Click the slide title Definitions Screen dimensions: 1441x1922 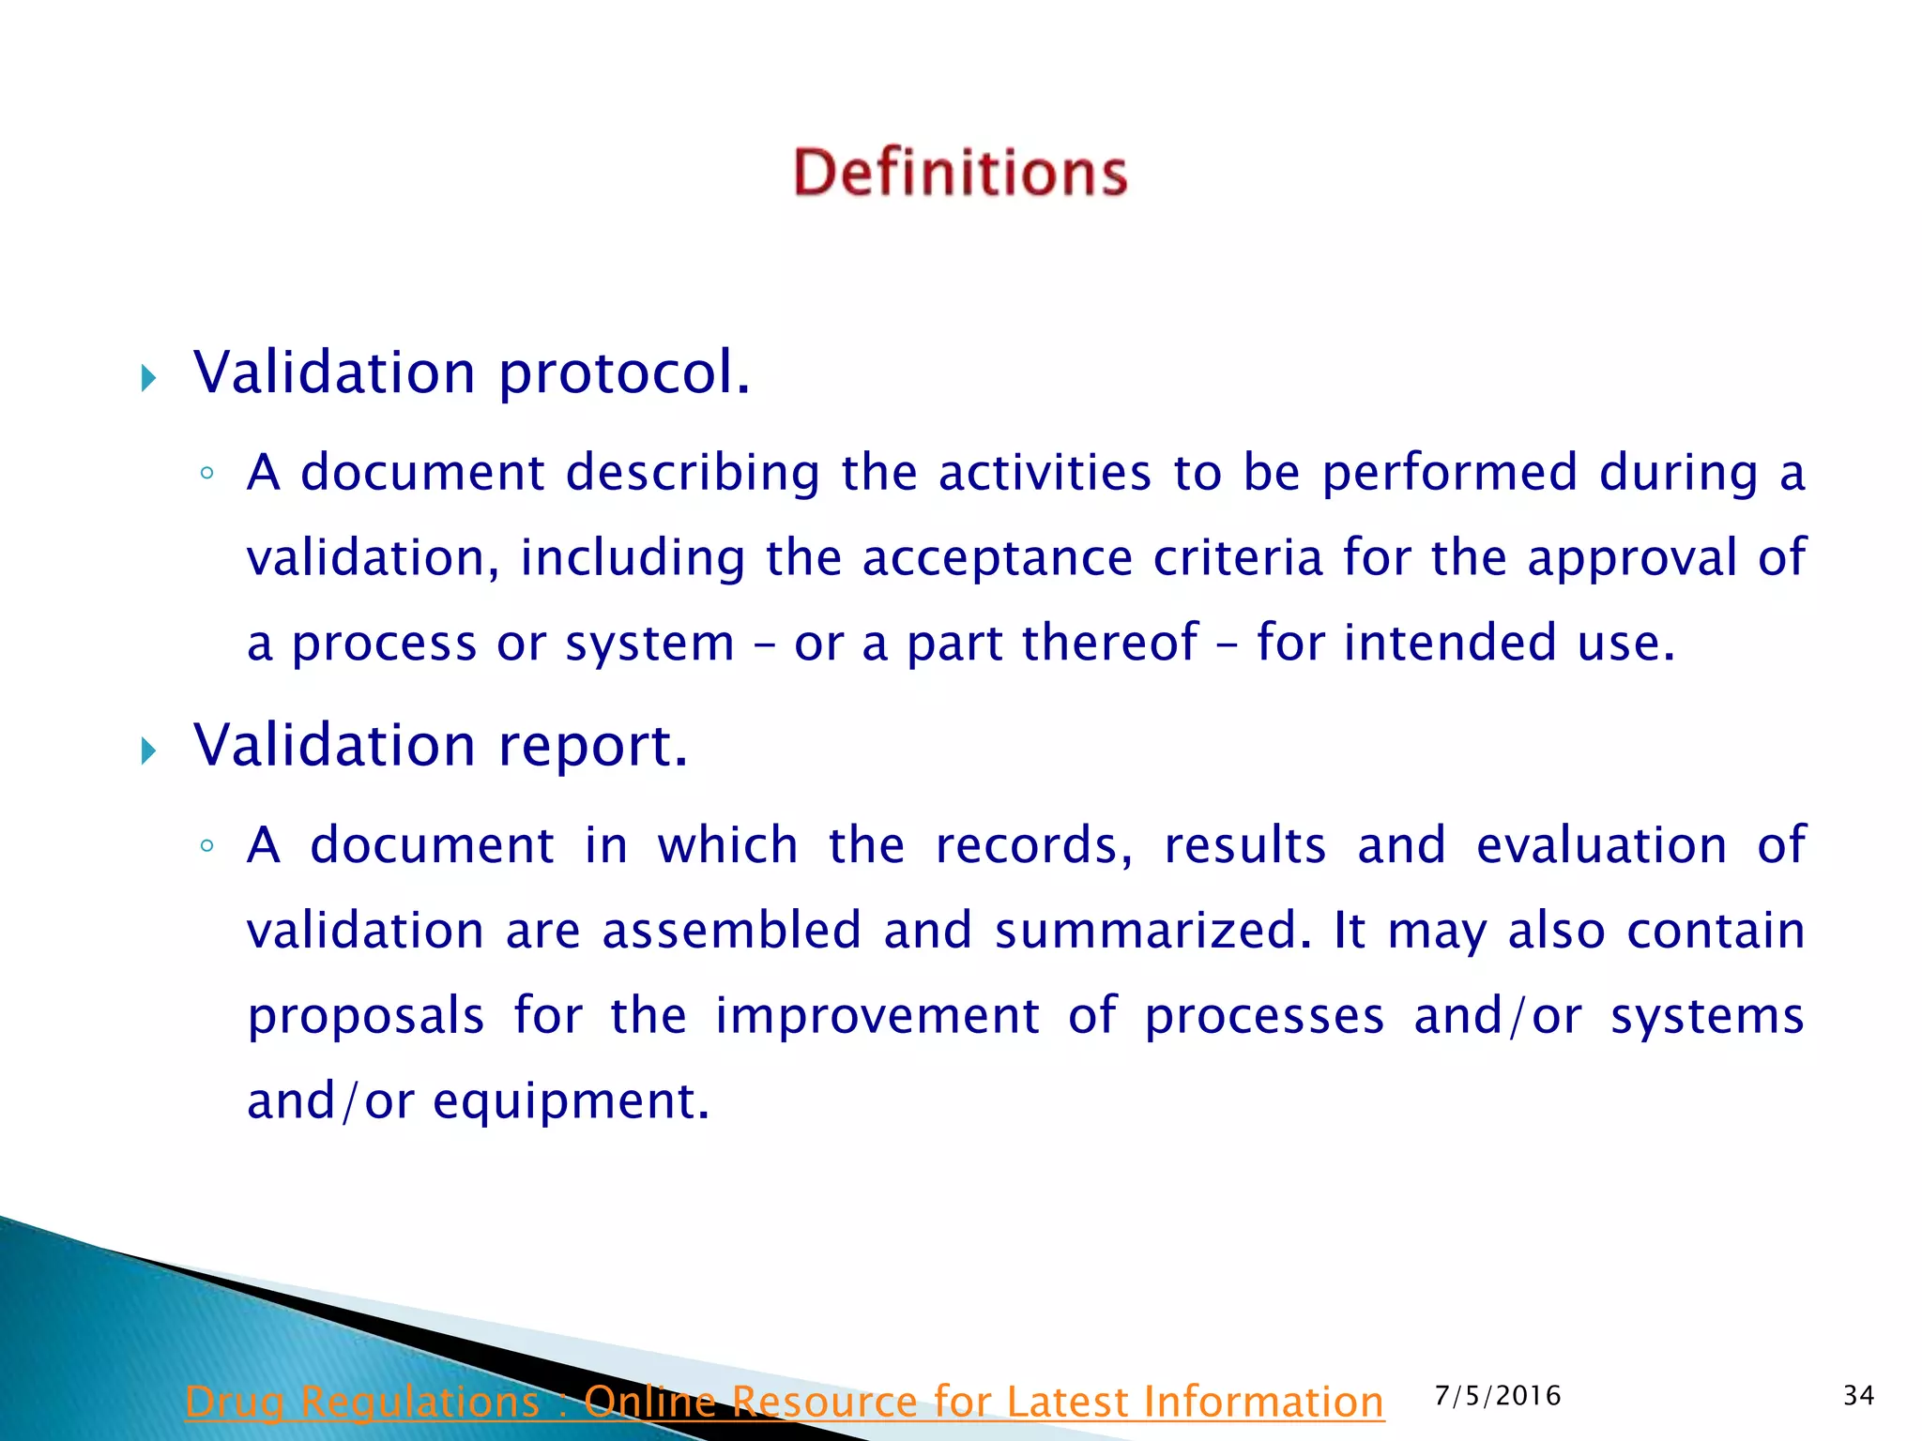(960, 173)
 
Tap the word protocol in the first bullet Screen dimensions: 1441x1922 (623, 373)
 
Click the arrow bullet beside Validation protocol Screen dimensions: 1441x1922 (148, 379)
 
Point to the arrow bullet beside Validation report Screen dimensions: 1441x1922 (148, 751)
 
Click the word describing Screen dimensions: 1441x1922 (693, 472)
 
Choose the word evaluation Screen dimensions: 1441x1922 (1601, 845)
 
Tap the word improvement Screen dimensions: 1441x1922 (877, 1016)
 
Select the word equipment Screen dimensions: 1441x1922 (571, 1102)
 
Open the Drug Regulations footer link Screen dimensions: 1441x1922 (785, 1403)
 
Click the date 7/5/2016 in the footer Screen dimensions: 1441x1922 (1498, 1396)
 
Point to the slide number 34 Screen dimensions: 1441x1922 (1858, 1396)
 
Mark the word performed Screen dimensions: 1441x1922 (1449, 472)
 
